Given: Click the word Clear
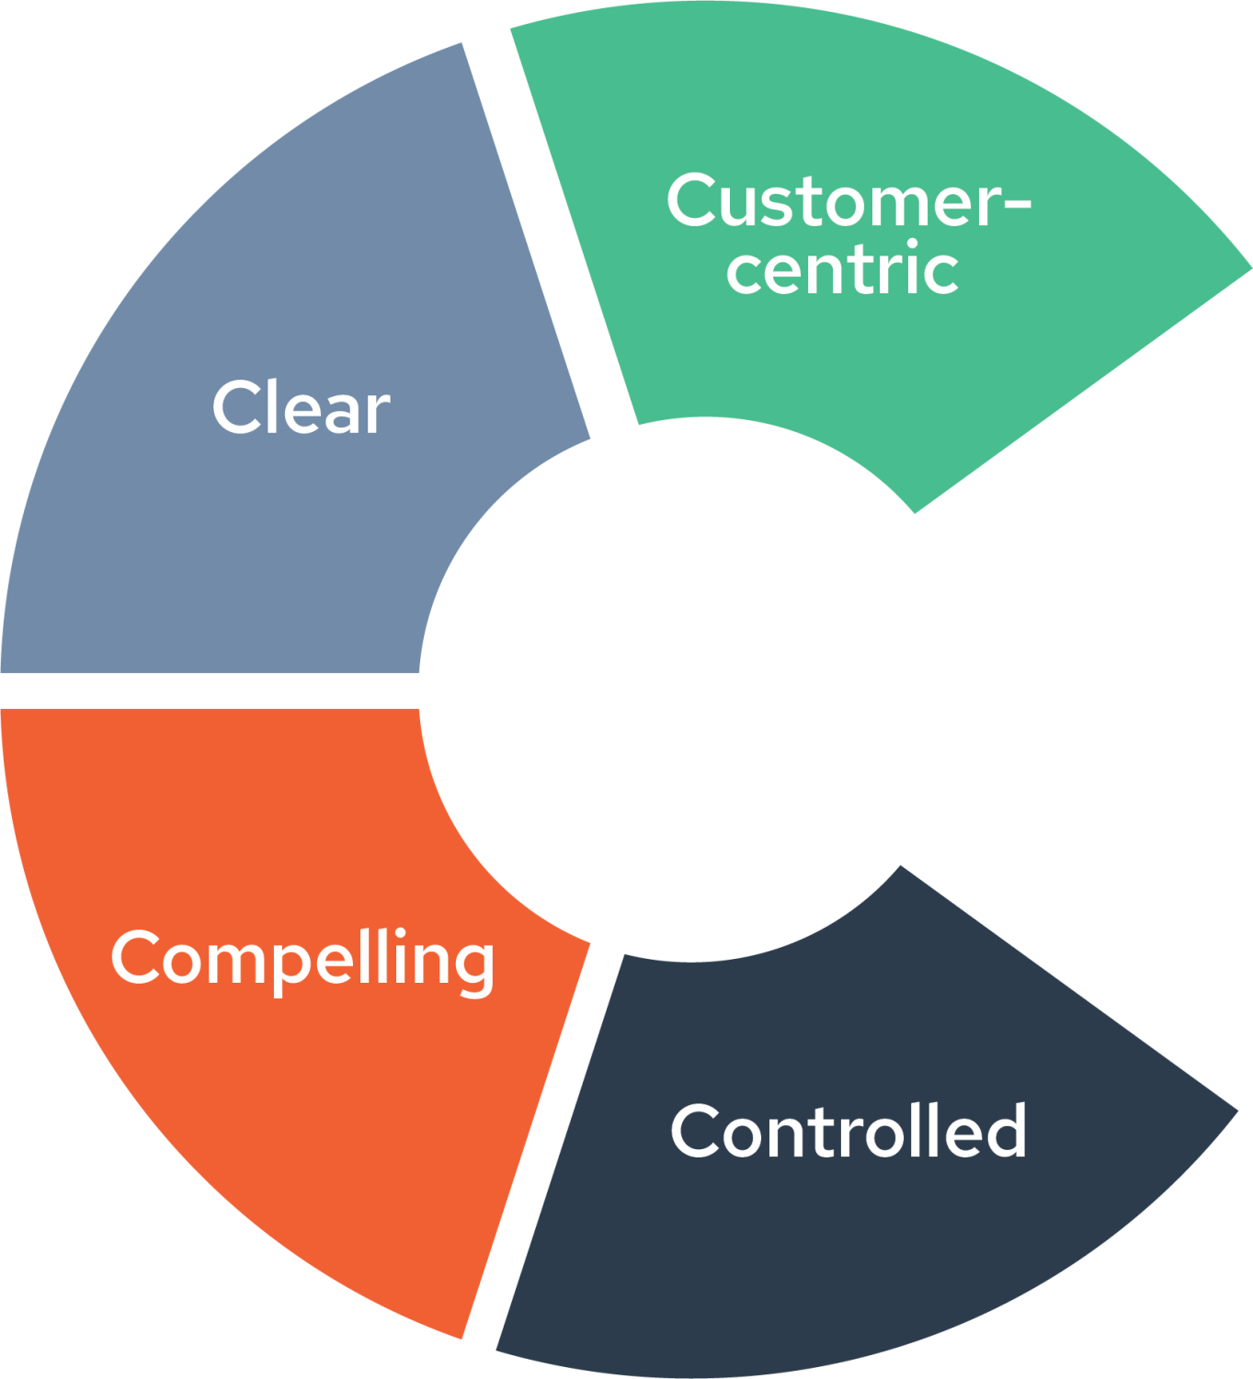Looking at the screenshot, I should click(x=302, y=407).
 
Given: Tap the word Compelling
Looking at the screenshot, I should click(x=302, y=959).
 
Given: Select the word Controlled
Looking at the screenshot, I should click(x=849, y=1131).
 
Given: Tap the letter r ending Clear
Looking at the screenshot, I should click(x=377, y=413).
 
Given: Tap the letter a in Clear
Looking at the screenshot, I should click(x=340, y=413).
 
